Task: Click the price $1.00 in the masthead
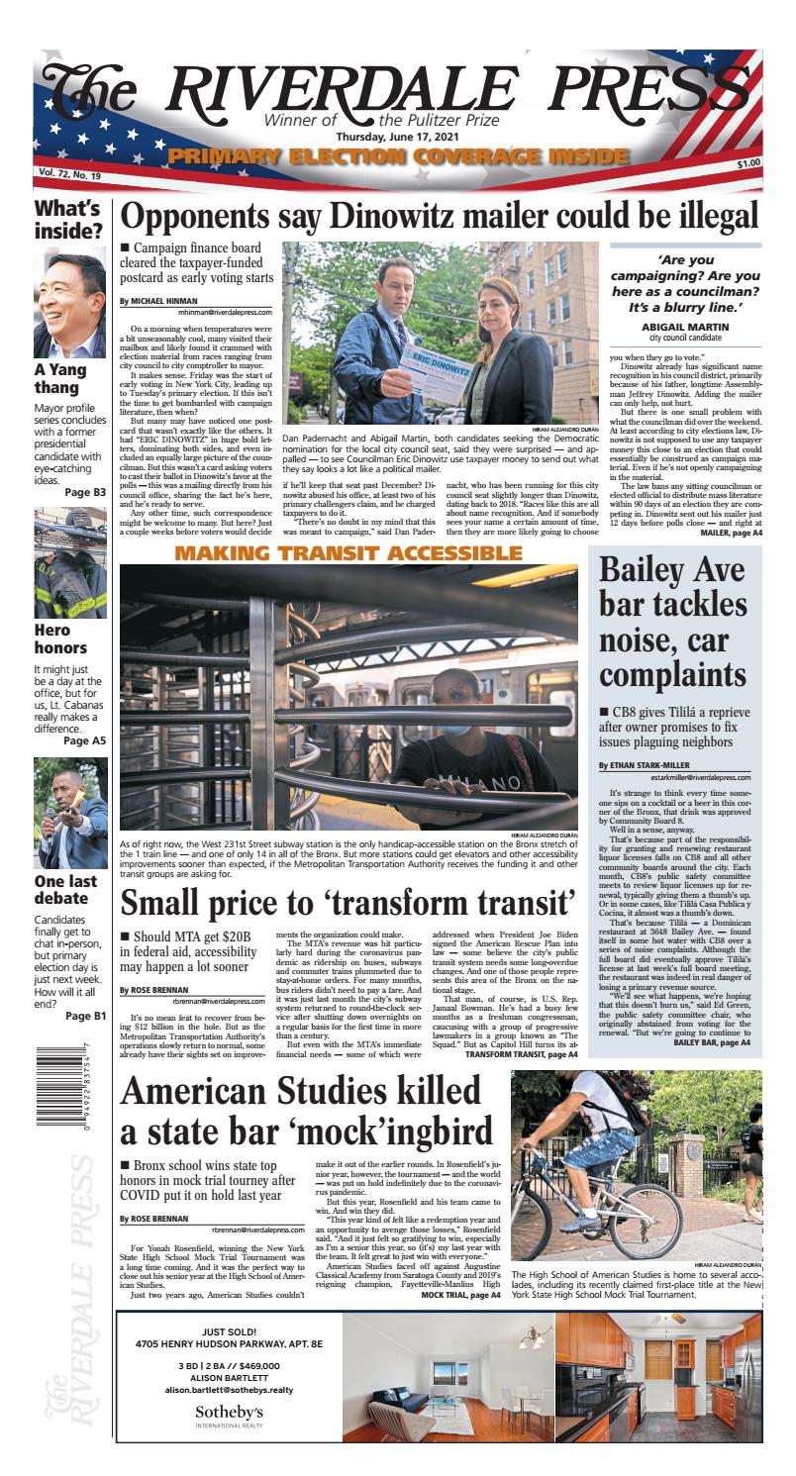748,163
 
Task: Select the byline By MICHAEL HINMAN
158,300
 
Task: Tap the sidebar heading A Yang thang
59,379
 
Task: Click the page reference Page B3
85,491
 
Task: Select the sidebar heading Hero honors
59,639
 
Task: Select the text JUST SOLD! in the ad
229,1331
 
